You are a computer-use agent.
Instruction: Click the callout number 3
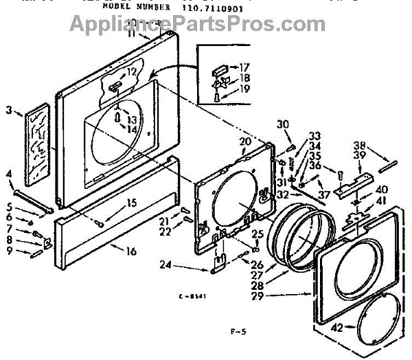pos(9,109)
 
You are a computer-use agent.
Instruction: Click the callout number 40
pos(382,190)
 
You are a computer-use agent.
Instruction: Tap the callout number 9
pos(9,252)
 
